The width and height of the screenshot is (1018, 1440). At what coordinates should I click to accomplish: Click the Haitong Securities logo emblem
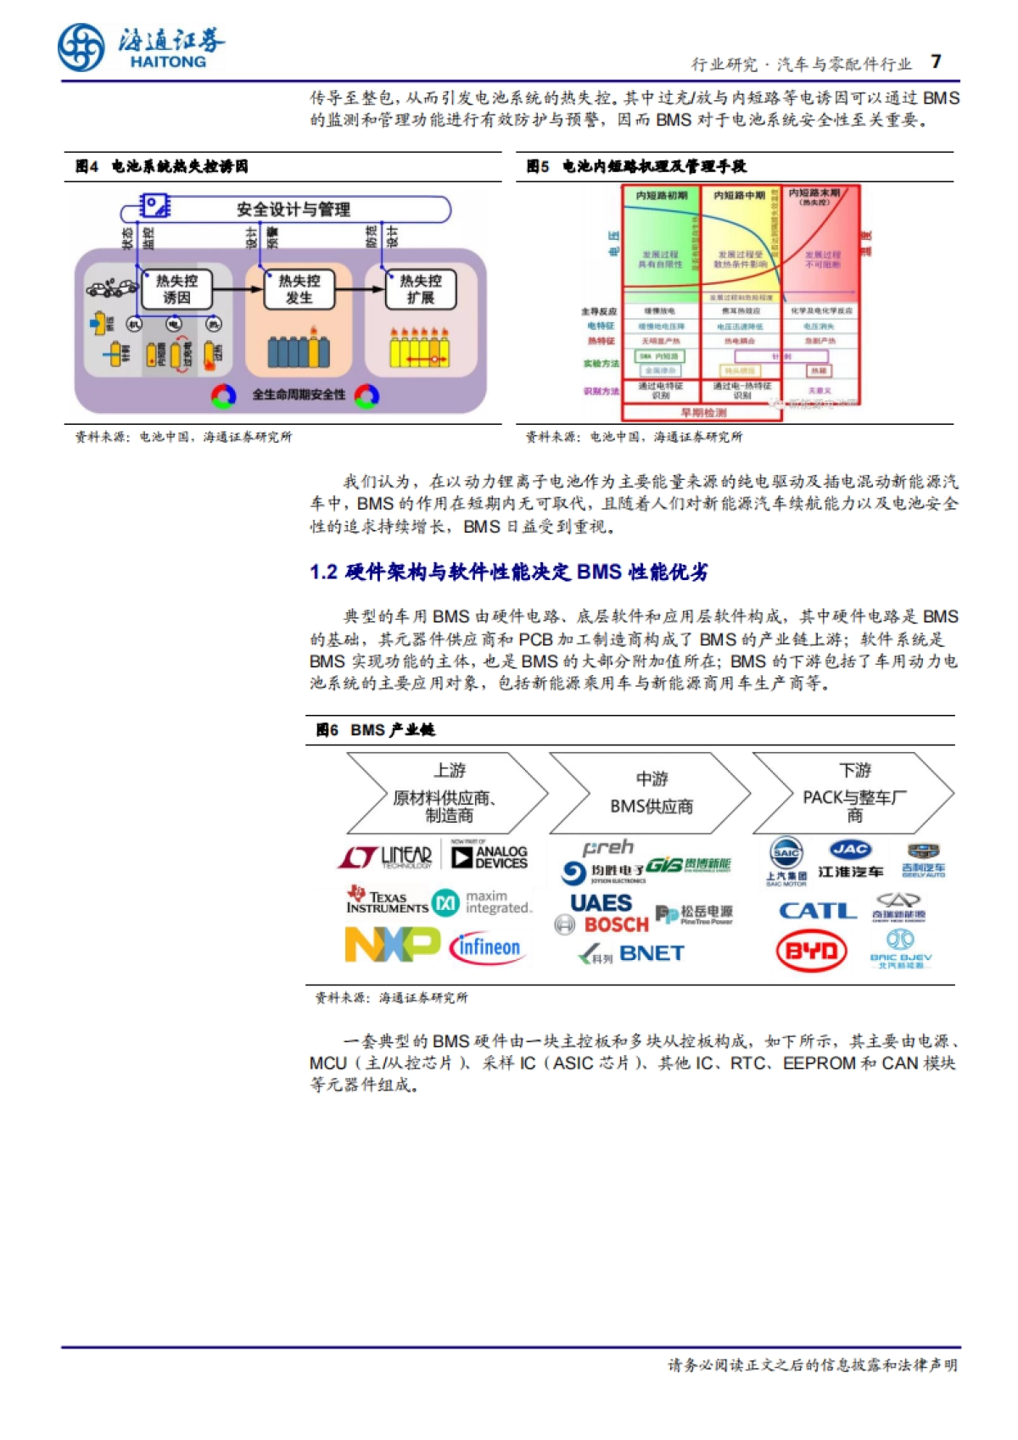81,47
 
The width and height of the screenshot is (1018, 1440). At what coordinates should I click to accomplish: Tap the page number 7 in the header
936,62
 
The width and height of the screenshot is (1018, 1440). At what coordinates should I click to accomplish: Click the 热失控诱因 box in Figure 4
176,289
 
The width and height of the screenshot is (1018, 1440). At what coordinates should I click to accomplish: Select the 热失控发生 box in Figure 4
299,289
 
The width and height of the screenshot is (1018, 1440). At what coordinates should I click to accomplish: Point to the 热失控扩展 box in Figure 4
420,289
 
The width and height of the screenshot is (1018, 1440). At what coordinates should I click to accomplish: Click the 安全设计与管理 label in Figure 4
293,209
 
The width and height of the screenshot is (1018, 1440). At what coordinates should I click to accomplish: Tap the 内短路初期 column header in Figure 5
662,196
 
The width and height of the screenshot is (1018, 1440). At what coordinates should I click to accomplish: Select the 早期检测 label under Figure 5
703,413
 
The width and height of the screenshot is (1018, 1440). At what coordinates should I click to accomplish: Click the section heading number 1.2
323,572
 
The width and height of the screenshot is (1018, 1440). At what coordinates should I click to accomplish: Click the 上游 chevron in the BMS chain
448,793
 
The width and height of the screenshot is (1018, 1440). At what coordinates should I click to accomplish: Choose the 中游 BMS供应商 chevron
651,793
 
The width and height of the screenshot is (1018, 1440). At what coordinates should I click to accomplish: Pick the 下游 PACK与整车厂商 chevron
854,793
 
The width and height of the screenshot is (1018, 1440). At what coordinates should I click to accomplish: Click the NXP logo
392,945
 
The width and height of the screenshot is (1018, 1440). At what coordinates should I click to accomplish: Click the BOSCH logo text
615,925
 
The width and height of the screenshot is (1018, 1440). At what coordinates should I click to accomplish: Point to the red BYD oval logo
811,952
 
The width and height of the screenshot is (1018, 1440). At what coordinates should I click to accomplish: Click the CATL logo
818,911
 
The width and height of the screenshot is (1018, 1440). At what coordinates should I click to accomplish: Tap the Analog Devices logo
489,857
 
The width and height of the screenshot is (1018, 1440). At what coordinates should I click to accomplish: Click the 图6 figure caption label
327,730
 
